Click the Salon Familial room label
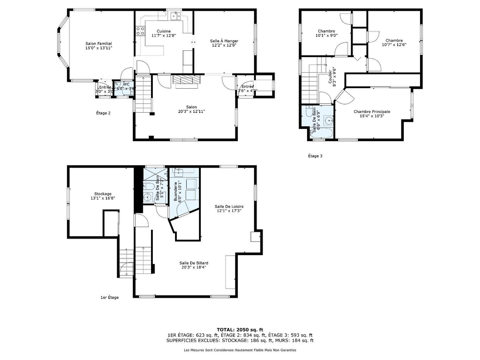(98, 43)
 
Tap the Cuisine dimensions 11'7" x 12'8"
(163, 35)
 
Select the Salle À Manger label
(224, 41)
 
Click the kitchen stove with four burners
(140, 31)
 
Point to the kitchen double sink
(175, 16)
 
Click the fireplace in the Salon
(186, 80)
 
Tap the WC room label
(126, 84)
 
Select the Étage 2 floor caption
(103, 113)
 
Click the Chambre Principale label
(372, 112)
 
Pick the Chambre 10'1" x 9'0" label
(326, 31)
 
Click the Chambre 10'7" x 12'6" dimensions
(394, 45)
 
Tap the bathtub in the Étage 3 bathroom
(320, 133)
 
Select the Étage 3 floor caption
(315, 156)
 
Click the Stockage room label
(103, 194)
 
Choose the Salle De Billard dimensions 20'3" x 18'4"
(193, 267)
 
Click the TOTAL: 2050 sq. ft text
(240, 330)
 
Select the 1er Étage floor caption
(109, 297)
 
